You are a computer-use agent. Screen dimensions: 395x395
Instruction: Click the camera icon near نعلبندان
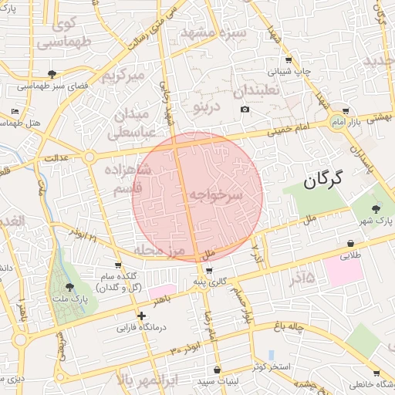245,109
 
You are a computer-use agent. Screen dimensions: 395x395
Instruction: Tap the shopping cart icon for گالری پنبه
210,271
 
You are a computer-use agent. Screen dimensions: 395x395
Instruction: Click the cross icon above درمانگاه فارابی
140,316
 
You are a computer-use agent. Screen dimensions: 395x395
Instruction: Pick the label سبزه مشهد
213,33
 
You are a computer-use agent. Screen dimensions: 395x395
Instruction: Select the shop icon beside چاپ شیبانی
289,59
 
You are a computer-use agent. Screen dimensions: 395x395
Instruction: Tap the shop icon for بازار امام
344,110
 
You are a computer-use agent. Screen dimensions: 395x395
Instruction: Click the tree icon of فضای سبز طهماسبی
52,74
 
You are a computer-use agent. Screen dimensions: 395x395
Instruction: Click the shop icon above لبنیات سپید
217,370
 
